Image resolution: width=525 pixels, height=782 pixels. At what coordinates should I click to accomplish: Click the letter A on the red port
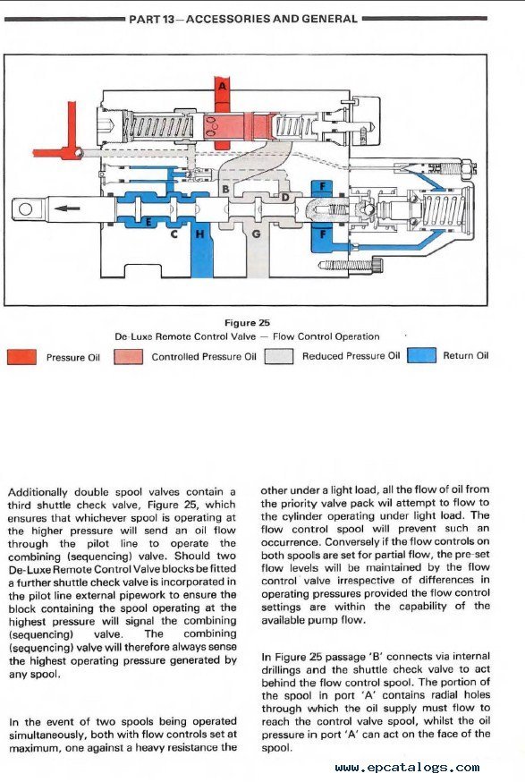223,86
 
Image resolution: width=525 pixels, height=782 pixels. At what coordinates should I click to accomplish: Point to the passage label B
225,189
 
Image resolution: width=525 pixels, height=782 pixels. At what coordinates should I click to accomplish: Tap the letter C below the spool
174,234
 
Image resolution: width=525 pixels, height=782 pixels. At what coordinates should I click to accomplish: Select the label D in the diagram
284,197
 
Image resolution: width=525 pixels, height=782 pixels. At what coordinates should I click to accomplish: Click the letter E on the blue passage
148,221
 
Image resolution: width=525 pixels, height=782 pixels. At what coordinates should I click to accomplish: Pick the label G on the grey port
257,234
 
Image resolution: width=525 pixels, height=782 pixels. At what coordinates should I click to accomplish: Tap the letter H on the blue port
200,234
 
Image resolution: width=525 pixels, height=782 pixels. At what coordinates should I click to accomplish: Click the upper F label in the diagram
323,186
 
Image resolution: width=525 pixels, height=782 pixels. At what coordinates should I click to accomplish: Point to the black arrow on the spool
67,208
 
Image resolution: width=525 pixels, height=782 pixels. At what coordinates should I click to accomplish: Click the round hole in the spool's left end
25,208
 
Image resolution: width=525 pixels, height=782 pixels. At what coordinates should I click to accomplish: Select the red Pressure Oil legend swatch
21,357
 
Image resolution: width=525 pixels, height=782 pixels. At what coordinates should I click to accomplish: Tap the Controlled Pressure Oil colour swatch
128,357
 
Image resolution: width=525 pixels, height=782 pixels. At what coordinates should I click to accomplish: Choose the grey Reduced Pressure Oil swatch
279,356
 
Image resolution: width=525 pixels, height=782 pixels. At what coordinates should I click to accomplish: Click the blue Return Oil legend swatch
421,355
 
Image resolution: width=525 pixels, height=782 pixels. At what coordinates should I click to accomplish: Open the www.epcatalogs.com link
407,768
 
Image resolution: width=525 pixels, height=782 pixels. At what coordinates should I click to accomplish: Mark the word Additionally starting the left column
38,492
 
